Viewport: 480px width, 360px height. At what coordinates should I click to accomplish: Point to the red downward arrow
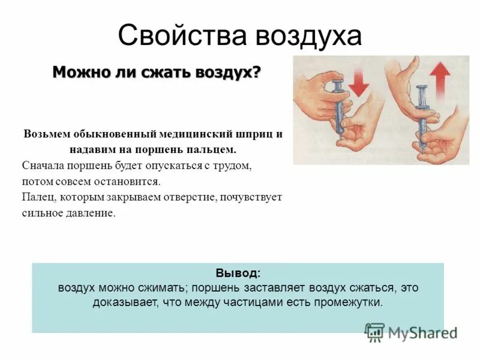point(359,81)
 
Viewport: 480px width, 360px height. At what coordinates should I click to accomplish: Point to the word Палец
point(37,197)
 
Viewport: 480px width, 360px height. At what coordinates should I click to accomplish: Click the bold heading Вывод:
point(238,273)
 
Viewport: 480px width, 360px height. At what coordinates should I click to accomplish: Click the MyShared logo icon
point(375,332)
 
